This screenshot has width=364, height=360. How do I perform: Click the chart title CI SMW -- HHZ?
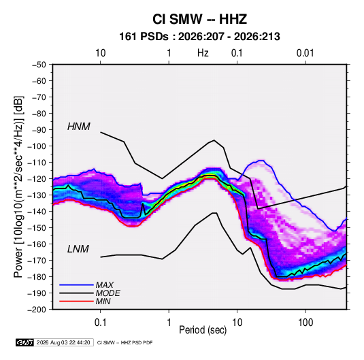click(199, 19)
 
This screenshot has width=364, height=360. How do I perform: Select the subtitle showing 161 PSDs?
click(199, 37)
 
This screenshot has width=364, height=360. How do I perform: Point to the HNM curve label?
click(79, 127)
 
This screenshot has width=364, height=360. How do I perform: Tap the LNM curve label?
click(78, 249)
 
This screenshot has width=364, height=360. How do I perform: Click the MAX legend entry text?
click(105, 285)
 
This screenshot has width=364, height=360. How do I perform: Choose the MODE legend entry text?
click(108, 293)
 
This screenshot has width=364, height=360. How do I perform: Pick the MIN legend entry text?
click(103, 301)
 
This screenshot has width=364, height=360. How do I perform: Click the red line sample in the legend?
click(76, 301)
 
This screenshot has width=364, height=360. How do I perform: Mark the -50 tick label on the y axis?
click(39, 65)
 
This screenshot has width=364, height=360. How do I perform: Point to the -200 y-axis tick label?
click(37, 310)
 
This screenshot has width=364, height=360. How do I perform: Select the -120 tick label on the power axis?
click(37, 179)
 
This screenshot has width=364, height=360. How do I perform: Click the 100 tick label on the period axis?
click(305, 323)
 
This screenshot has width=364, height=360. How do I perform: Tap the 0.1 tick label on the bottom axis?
click(100, 323)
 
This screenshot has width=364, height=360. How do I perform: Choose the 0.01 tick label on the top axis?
click(305, 53)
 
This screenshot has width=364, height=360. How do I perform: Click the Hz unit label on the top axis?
click(203, 53)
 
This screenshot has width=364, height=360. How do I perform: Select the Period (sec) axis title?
click(203, 330)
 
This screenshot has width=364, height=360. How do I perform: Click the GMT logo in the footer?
click(24, 342)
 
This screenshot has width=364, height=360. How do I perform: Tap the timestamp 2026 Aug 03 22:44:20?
click(63, 342)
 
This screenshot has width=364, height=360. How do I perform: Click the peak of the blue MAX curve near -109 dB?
click(261, 161)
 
